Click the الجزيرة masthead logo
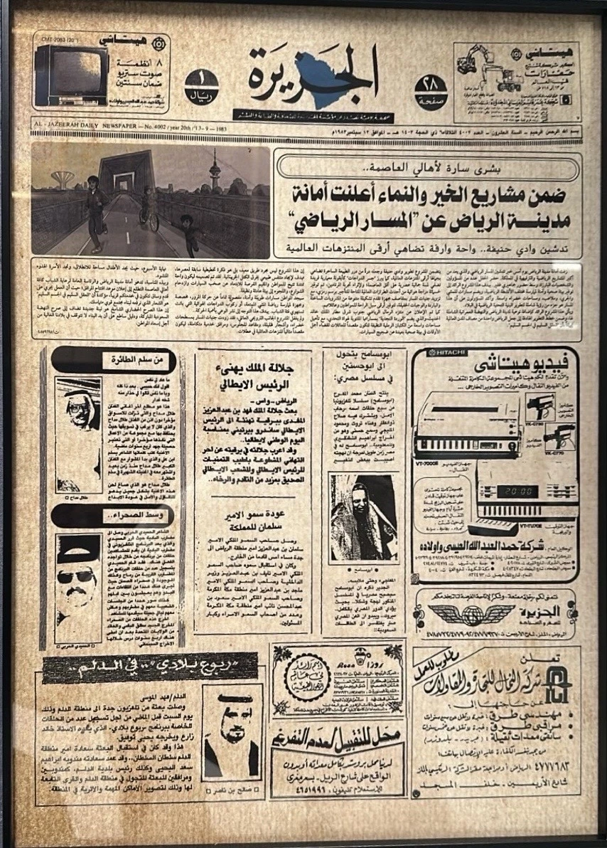click(x=313, y=77)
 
